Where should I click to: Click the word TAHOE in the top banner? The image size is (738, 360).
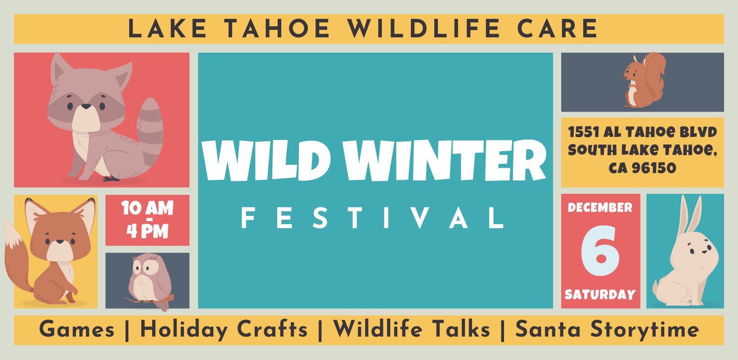[277, 28]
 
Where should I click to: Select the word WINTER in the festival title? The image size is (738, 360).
[444, 160]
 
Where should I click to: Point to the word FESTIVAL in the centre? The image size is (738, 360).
[373, 218]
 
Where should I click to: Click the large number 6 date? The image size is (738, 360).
[600, 250]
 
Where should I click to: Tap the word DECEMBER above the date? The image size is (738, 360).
[600, 207]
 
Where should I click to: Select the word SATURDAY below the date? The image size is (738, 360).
[600, 294]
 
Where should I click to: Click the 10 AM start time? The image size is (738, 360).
[147, 208]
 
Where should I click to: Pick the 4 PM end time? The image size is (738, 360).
[147, 231]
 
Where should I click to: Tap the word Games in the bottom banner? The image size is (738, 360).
[77, 329]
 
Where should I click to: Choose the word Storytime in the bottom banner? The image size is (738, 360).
[644, 330]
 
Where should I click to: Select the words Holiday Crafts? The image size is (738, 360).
[224, 330]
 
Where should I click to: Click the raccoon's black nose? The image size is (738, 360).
[86, 106]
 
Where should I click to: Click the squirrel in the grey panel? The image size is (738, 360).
[644, 80]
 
